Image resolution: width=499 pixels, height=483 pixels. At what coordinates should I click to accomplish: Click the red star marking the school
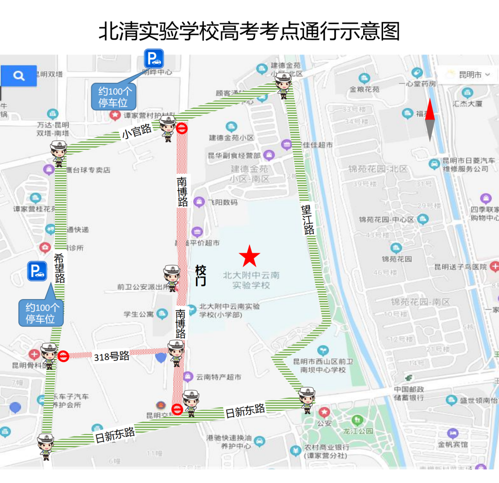pyautogui.click(x=249, y=256)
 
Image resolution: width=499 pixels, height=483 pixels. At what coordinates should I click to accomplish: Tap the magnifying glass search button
pyautogui.click(x=19, y=76)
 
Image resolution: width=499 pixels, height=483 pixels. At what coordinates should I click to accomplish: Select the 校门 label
pyautogui.click(x=201, y=275)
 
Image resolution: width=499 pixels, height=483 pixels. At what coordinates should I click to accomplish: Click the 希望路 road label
pyautogui.click(x=59, y=268)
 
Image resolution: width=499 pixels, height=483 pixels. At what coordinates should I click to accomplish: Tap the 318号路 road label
pyautogui.click(x=112, y=356)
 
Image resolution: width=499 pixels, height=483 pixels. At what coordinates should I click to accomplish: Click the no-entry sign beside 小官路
pyautogui.click(x=182, y=128)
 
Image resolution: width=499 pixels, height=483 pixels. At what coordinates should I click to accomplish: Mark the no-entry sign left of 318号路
pyautogui.click(x=63, y=356)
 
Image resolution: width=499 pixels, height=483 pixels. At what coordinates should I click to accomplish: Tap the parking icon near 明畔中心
pyautogui.click(x=153, y=59)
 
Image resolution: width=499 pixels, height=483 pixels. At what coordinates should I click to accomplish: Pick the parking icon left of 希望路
pyautogui.click(x=37, y=271)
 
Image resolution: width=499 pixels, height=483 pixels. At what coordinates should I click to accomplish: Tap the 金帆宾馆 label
pyautogui.click(x=453, y=444)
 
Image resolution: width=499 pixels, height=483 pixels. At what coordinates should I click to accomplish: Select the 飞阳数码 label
pyautogui.click(x=222, y=202)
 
